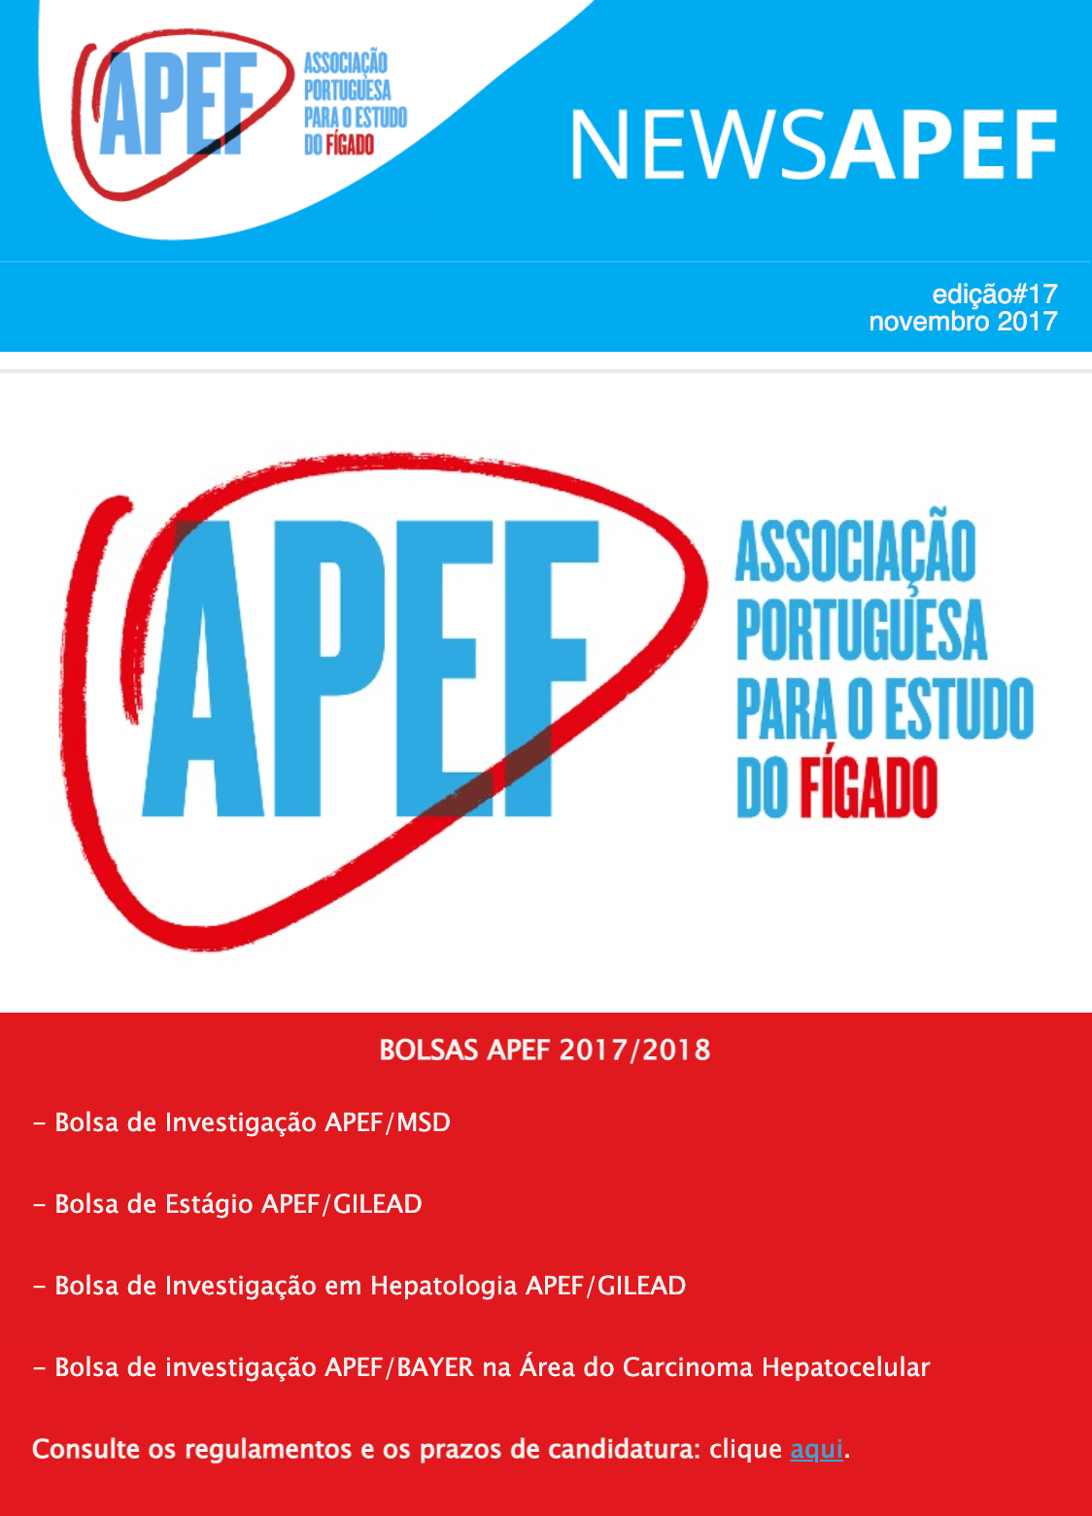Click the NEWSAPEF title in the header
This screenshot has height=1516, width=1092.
coord(813,145)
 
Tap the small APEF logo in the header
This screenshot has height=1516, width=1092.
coord(180,106)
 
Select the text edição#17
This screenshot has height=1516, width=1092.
coord(994,293)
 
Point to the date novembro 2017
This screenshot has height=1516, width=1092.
coord(962,322)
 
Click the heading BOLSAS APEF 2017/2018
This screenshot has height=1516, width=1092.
coord(545,1051)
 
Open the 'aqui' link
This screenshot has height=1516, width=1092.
coord(816,1449)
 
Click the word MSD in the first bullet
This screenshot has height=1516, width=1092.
coord(424,1122)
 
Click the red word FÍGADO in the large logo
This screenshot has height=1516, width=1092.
coord(868,788)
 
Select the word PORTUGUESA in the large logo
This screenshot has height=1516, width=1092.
coord(861,630)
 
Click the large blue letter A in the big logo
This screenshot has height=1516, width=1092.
coord(207,671)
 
